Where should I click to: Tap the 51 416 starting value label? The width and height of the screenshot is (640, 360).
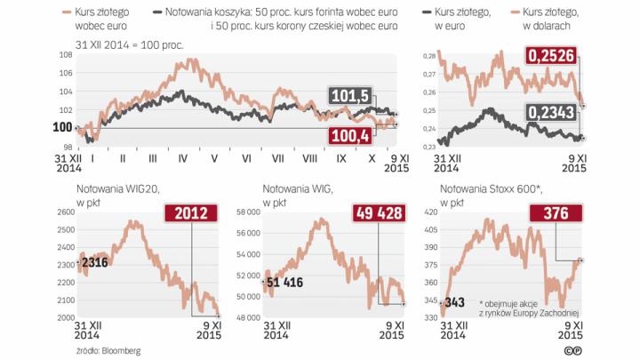pos(286,282)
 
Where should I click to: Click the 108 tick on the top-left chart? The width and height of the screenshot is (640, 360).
pos(65,55)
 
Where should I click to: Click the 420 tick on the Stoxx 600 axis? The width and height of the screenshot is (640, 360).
pos(430,212)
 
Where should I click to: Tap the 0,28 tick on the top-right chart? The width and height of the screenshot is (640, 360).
pos(427,55)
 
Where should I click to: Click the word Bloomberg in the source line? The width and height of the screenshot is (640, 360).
pos(122,350)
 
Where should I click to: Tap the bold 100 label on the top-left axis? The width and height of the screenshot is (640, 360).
pos(62,128)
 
